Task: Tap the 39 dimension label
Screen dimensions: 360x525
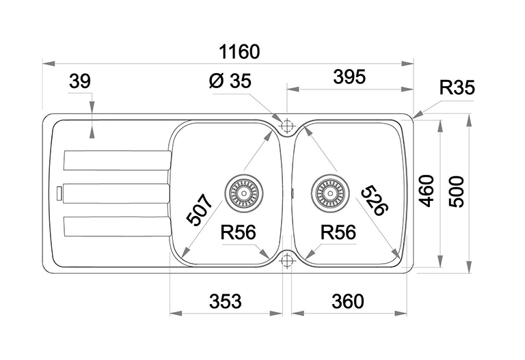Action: [80, 82]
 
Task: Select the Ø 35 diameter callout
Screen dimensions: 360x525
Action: [229, 82]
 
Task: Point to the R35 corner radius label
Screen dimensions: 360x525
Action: [457, 88]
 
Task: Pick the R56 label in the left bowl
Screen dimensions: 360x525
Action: [238, 233]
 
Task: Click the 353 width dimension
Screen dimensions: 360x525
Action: [225, 301]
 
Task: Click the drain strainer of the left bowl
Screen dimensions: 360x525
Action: [243, 191]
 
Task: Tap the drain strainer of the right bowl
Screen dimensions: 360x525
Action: [329, 191]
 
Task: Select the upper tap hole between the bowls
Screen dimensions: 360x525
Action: [286, 125]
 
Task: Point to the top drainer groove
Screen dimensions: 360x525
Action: [116, 160]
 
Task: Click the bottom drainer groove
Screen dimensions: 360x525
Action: [116, 226]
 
